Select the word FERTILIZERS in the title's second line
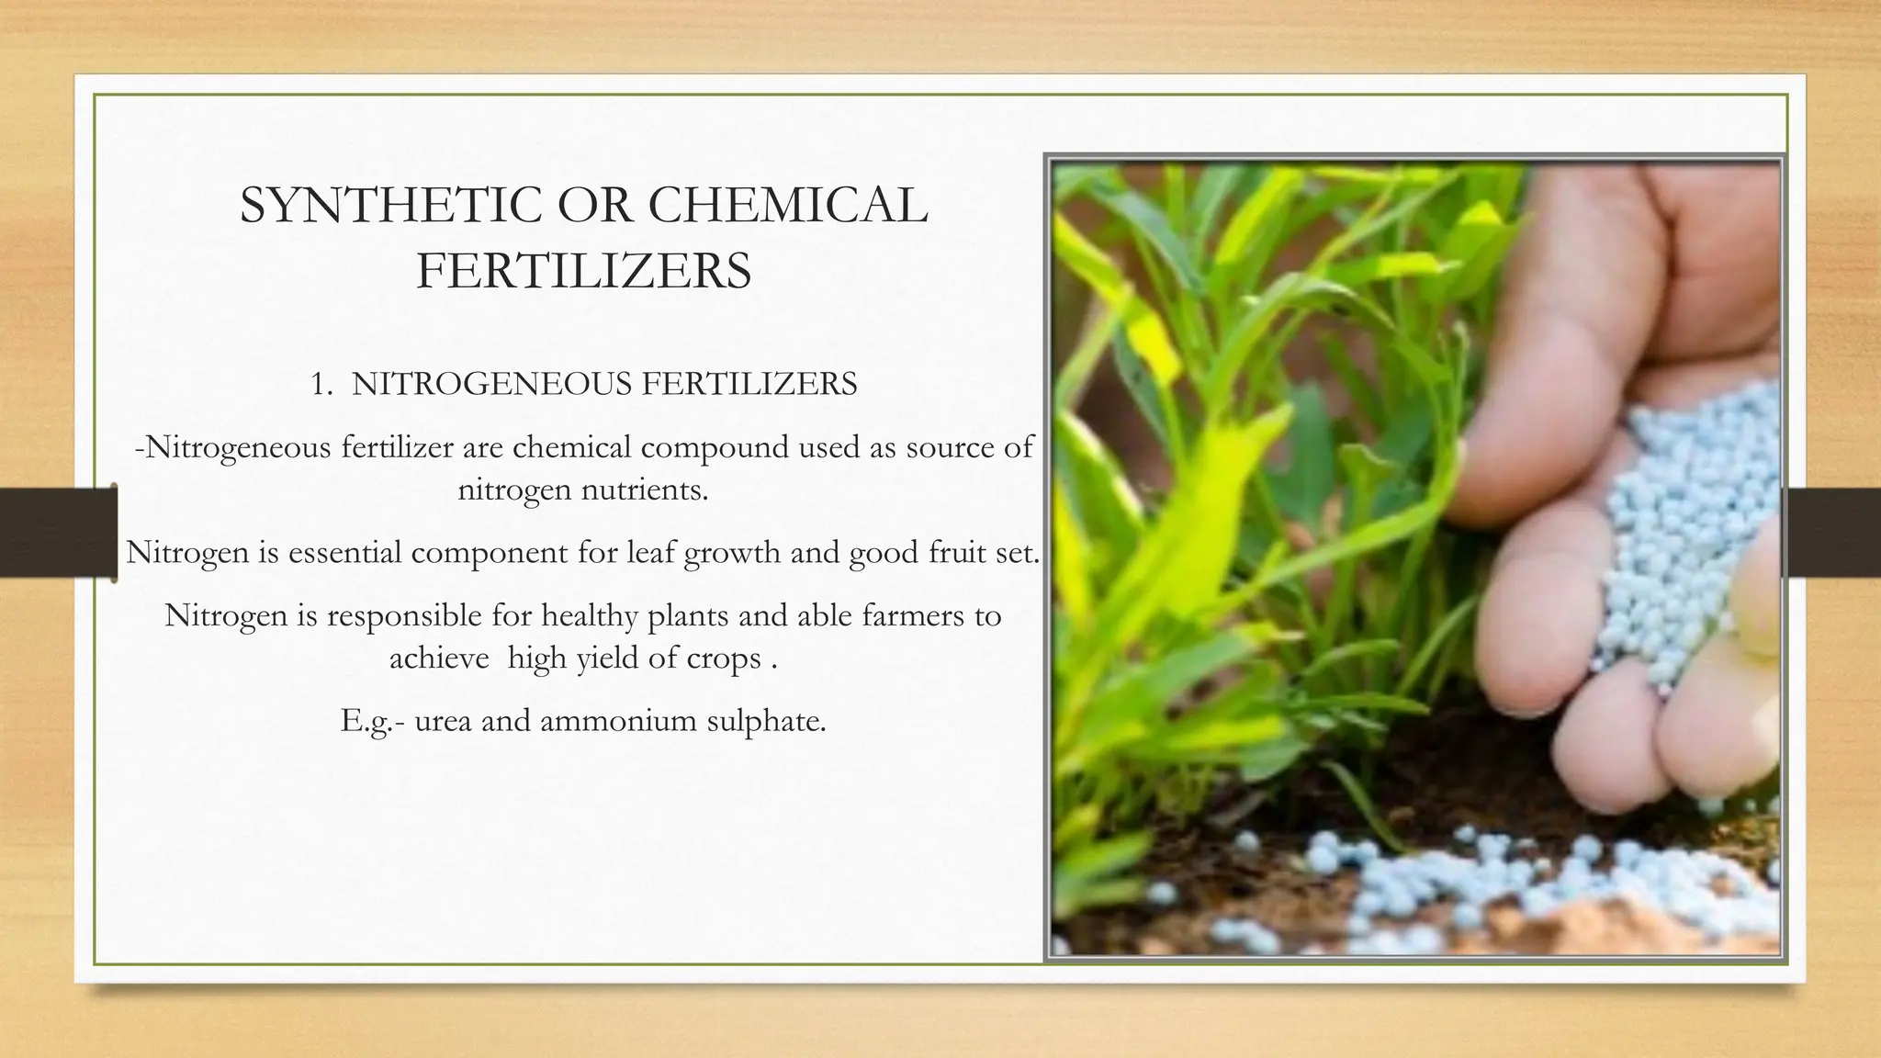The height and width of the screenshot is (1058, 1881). tap(584, 272)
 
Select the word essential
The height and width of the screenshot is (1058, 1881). tap(344, 553)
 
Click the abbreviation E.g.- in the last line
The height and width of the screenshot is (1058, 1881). tap(371, 721)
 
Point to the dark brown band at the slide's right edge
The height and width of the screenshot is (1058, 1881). tap(1831, 533)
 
